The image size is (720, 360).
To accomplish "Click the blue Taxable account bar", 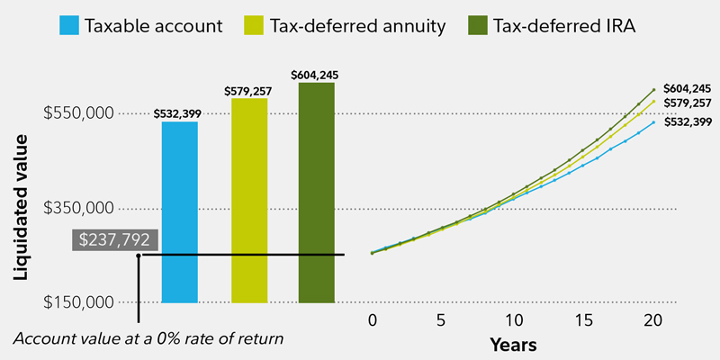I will coord(179,211).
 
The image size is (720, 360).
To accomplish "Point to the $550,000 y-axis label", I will coord(78,114).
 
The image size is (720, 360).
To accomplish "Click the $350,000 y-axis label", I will coord(78,209).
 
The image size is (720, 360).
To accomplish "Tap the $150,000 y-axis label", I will coord(78,301).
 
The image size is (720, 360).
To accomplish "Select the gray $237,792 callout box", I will coord(114,240).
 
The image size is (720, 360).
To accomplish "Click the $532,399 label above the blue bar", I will coord(179,112).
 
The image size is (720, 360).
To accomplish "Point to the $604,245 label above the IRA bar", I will coord(316,74).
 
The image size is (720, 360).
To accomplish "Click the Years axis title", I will coord(513,345).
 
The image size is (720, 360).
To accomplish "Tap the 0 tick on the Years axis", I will coord(372,320).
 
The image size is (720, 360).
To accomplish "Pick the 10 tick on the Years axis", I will coord(513,320).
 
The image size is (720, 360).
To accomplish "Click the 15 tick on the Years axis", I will coord(583,320).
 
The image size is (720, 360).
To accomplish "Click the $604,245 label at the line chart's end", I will coord(687,88).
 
